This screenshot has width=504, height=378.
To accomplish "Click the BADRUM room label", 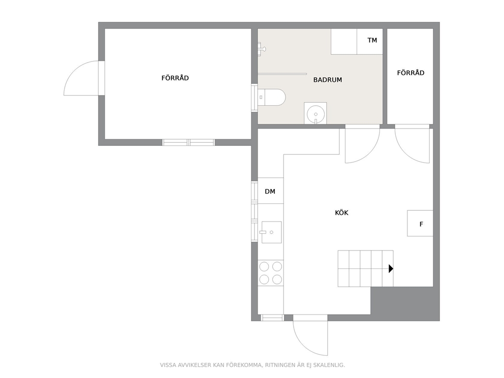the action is [x=328, y=80].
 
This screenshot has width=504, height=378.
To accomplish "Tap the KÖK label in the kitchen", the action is [x=342, y=212].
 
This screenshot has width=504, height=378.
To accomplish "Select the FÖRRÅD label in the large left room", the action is [x=175, y=78].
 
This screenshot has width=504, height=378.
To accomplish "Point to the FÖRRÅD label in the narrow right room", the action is [x=411, y=73].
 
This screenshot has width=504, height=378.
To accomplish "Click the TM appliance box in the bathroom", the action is [x=370, y=42].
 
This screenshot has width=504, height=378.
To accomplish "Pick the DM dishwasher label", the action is [x=270, y=191].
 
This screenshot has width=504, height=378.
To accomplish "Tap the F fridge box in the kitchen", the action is [x=420, y=224].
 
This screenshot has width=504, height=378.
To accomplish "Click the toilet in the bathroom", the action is [x=272, y=97].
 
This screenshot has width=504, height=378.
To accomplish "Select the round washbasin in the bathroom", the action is [x=316, y=113].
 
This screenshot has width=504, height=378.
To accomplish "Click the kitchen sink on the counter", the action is [x=271, y=232].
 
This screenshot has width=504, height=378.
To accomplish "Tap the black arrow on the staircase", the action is [x=391, y=268].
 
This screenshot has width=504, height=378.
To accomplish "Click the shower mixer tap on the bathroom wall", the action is [x=262, y=49].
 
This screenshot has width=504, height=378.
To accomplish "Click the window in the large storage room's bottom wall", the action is [x=188, y=142].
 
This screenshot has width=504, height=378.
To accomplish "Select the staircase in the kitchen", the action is [x=365, y=268].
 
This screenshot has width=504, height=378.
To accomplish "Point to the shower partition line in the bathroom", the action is [x=282, y=74].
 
